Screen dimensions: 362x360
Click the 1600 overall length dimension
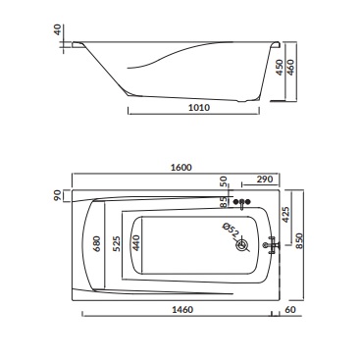click(181, 168)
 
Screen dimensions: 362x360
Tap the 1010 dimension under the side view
click(199, 107)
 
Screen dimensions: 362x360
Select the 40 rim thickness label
click(57, 30)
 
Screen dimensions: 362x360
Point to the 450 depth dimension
click(280, 68)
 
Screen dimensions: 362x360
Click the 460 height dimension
click(290, 67)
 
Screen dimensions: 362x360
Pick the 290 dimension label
click(265, 180)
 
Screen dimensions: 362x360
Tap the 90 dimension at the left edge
click(57, 195)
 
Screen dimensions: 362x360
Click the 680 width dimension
click(97, 243)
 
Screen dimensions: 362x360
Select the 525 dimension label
click(117, 243)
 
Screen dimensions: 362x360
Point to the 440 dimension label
click(136, 243)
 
